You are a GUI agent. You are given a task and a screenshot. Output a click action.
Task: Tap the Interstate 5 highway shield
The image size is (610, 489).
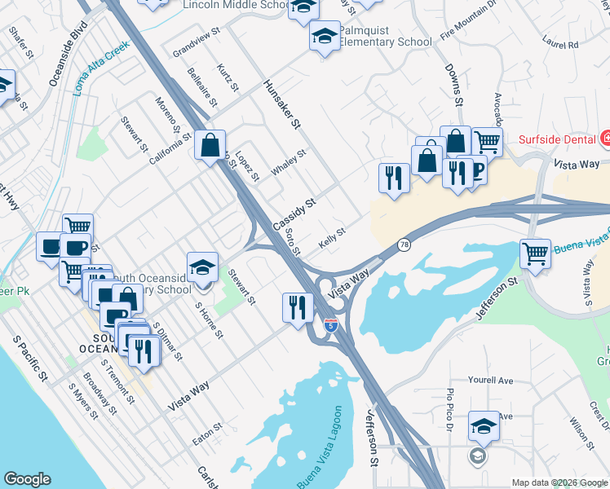point(330,324)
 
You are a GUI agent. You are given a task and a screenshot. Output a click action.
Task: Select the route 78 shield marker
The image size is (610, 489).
point(404,244)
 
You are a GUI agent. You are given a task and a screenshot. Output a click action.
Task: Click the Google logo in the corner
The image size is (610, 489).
point(27,479)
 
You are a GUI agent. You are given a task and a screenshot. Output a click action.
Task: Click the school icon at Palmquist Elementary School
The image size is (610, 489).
point(324,37)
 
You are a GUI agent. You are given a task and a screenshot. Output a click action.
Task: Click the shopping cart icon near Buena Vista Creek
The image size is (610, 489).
point(535,253)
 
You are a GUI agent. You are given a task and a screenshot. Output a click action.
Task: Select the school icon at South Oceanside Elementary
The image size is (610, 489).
point(202,266)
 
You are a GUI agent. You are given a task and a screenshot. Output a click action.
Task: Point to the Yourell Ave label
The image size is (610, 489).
point(490,380)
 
